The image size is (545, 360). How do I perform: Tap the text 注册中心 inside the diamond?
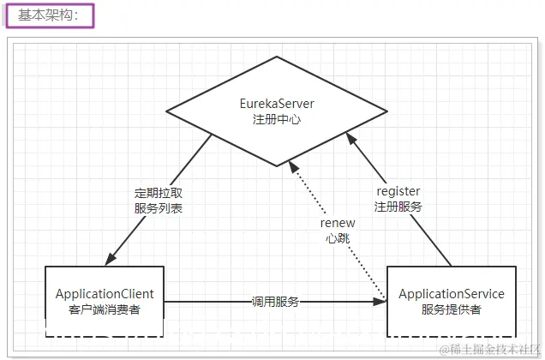[277, 119]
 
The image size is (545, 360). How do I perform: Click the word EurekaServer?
[277, 104]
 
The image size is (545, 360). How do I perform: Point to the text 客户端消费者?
[105, 309]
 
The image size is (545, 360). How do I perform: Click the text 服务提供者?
[452, 309]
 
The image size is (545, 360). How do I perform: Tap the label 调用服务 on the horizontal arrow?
[275, 302]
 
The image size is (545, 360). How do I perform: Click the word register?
[398, 191]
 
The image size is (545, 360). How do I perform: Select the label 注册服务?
[398, 207]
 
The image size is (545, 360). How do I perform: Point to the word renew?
[337, 223]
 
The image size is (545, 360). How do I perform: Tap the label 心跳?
[337, 238]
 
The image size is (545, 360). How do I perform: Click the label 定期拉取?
[159, 192]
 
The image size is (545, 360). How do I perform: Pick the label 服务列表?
[159, 207]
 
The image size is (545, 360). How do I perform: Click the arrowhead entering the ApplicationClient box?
[111, 260]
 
